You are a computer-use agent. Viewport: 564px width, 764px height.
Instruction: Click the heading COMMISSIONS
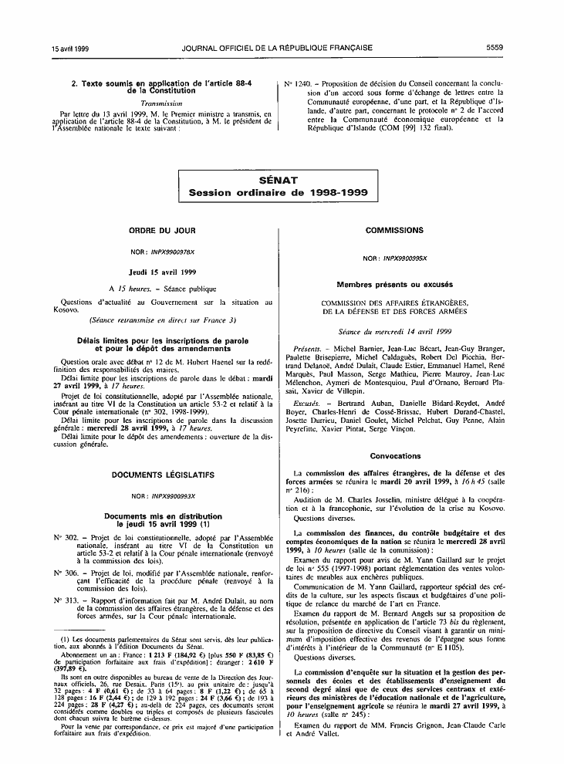coord(394,230)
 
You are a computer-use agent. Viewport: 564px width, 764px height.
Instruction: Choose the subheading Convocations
coord(394,456)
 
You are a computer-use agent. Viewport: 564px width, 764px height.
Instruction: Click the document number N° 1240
coord(296,83)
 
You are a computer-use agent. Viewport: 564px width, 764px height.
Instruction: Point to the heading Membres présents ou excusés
coord(394,285)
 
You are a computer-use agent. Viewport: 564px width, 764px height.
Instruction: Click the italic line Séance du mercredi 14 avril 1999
coord(394,330)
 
